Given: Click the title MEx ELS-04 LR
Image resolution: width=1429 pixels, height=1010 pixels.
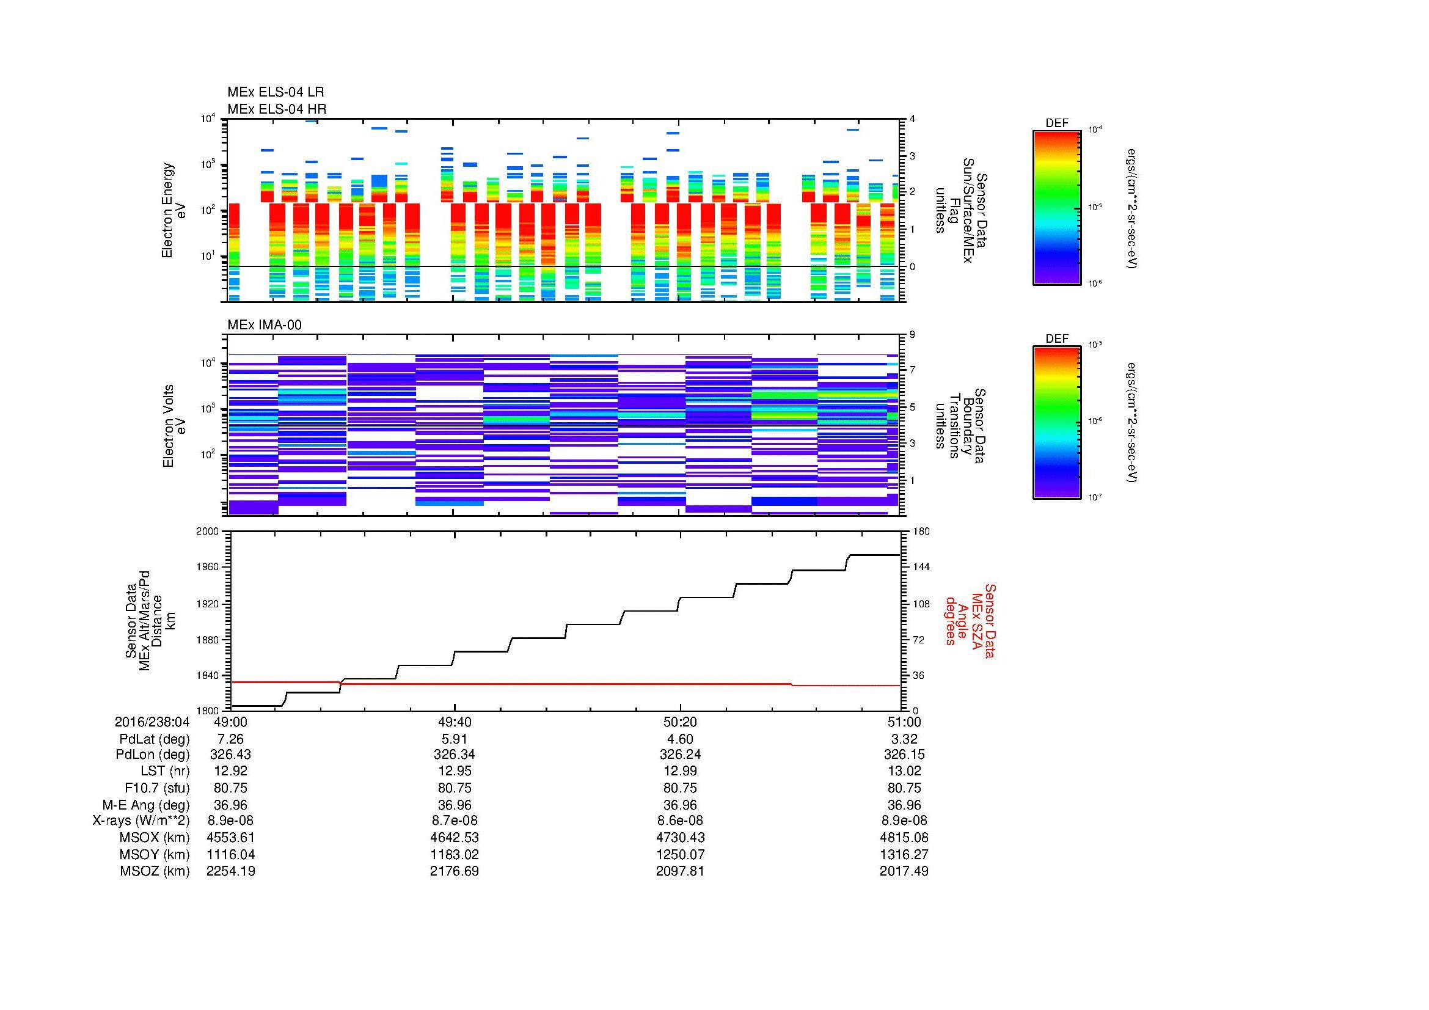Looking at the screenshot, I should coord(275,92).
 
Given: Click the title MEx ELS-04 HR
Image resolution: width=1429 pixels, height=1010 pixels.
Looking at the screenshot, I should coord(276,109).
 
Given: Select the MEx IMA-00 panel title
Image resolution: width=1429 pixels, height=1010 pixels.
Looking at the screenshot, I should coord(264,325).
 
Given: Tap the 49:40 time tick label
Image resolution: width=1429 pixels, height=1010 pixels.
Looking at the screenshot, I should coord(455,722).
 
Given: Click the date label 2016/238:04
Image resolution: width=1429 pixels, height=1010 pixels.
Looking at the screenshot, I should coord(152,722).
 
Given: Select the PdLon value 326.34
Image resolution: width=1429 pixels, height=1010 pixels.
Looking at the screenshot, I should coord(455,754).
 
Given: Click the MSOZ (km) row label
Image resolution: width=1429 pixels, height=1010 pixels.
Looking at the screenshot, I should coord(155,871).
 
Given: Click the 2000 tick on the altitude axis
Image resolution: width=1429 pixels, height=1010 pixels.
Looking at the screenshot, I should coord(208,532).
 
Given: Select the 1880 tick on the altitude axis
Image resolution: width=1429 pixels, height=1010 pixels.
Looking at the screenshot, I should coord(208,640).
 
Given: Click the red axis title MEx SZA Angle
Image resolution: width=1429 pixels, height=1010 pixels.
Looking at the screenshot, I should coord(970,621).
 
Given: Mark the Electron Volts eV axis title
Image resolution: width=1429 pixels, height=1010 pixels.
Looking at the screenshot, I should coord(175,426).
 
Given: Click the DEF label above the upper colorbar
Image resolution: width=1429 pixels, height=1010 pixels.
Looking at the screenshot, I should coord(1056,123).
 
